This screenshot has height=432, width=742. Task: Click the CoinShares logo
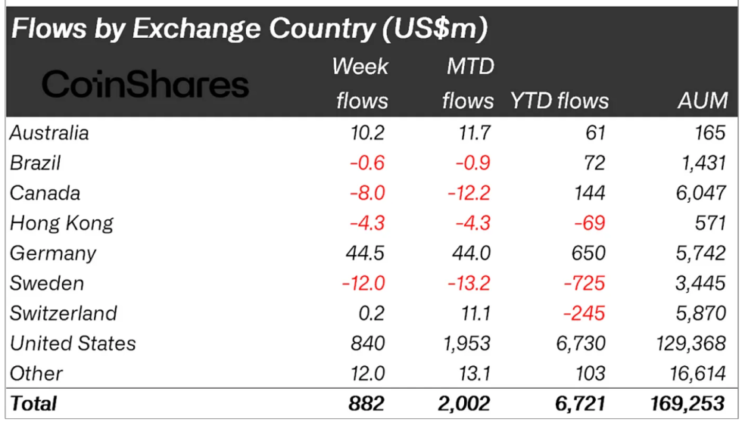pyautogui.click(x=145, y=83)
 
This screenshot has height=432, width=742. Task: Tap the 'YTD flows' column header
pyautogui.click(x=560, y=101)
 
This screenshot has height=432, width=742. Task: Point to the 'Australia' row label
pyautogui.click(x=49, y=133)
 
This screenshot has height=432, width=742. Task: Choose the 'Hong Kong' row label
pyautogui.click(x=61, y=223)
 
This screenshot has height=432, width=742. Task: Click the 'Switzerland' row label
pyautogui.click(x=63, y=313)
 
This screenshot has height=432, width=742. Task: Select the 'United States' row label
pyautogui.click(x=73, y=343)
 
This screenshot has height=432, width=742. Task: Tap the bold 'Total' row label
pyautogui.click(x=33, y=403)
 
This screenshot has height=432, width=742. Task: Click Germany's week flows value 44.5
pyautogui.click(x=365, y=253)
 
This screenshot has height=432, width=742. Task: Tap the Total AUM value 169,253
pyautogui.click(x=687, y=403)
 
